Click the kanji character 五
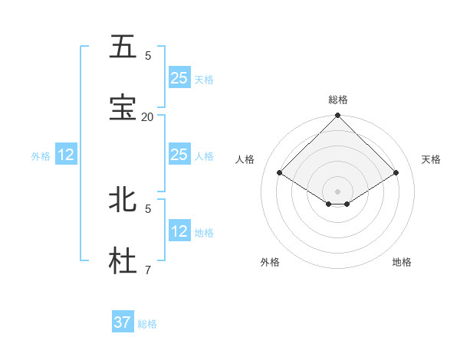click(x=123, y=47)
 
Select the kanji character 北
click(x=123, y=200)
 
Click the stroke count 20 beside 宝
click(x=148, y=116)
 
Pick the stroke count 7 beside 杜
click(x=148, y=270)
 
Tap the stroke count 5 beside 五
click(x=148, y=55)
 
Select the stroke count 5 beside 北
click(x=148, y=208)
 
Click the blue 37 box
click(x=123, y=322)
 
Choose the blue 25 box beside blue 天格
click(x=179, y=77)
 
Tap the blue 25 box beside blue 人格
click(x=179, y=155)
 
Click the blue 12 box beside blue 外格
click(x=66, y=155)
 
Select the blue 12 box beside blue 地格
click(x=179, y=231)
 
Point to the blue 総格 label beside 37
click(x=147, y=324)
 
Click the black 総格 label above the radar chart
click(x=338, y=100)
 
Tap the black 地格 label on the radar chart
click(x=402, y=262)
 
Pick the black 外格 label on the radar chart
click(x=270, y=262)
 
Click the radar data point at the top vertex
click(x=338, y=116)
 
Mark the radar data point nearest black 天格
click(x=396, y=173)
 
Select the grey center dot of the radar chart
click(x=338, y=190)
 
